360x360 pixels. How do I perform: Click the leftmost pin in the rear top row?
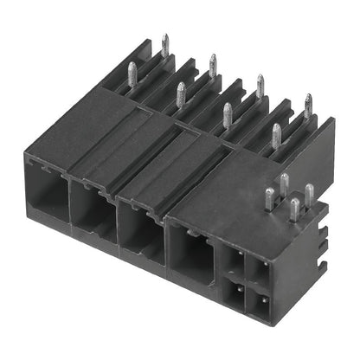point(164,46)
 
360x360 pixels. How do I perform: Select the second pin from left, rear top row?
point(213,65)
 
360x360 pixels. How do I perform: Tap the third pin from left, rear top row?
point(260,86)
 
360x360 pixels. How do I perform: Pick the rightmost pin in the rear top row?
point(308,106)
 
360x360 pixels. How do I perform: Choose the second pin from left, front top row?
point(181,93)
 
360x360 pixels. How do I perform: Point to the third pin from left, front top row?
point(228,114)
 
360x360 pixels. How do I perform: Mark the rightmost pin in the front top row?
point(277,134)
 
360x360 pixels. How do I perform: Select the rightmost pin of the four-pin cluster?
point(309,195)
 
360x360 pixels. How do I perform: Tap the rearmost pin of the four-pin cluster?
point(284,183)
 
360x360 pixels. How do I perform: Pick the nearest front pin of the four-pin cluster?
point(295,209)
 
